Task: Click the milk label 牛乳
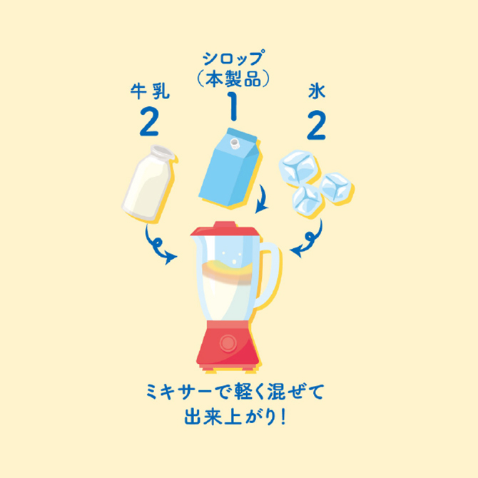coord(150,91)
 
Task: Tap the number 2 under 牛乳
coord(149,122)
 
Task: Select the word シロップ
coord(233,59)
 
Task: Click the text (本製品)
coord(233,78)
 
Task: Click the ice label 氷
coord(317,91)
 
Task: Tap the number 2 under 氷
coord(317,125)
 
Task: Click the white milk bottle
coord(148,183)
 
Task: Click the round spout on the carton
coord(235,143)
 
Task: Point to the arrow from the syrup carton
coord(263,199)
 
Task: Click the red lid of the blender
coord(225,229)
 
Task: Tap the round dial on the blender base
coord(228,343)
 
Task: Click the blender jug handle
coord(270,275)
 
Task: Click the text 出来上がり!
coord(235,417)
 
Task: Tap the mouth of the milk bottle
coord(163,151)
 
